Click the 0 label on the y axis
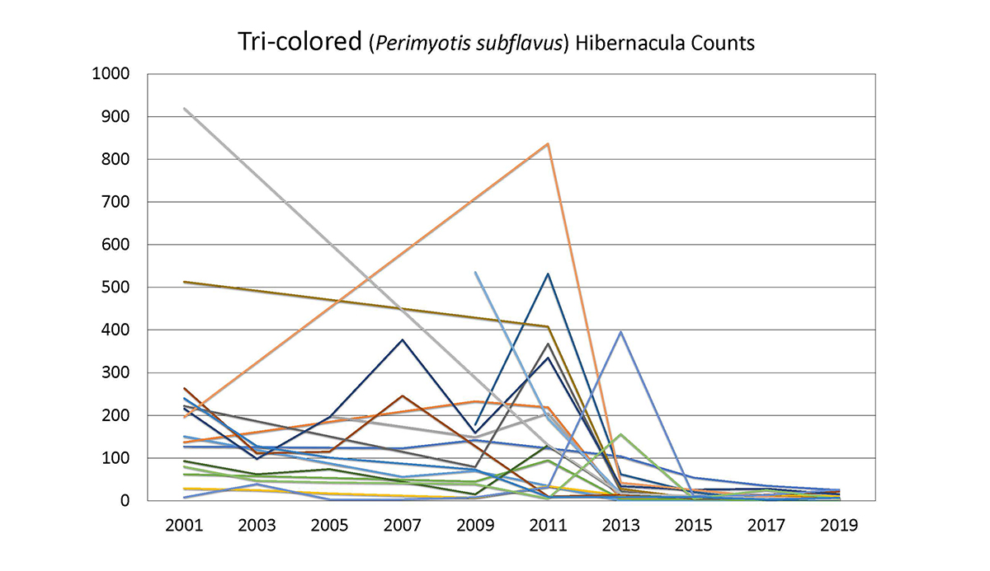(x=126, y=500)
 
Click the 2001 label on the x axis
(x=184, y=526)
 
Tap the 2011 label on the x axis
(x=548, y=526)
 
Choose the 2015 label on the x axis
(x=693, y=526)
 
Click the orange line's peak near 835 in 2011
(x=548, y=144)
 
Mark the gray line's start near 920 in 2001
(x=185, y=109)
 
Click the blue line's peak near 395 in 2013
(x=620, y=332)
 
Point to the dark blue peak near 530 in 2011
(x=548, y=274)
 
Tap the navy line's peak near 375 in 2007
(x=403, y=339)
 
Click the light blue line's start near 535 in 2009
(x=476, y=272)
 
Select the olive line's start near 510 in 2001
(x=185, y=282)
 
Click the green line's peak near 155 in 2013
(x=620, y=434)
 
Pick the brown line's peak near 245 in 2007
(x=403, y=395)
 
